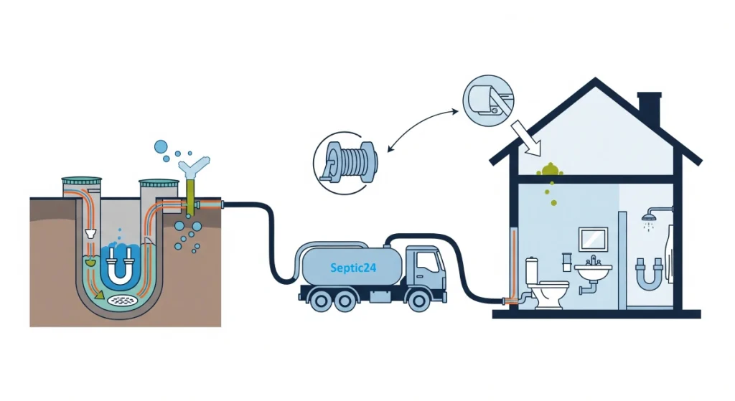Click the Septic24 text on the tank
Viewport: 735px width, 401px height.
click(353, 268)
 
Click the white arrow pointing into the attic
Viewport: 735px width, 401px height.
click(523, 136)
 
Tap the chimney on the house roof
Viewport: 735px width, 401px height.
click(649, 109)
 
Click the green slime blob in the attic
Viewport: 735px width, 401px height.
click(550, 169)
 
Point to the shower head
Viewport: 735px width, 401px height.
click(650, 215)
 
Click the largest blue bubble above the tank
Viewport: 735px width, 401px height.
click(161, 147)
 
